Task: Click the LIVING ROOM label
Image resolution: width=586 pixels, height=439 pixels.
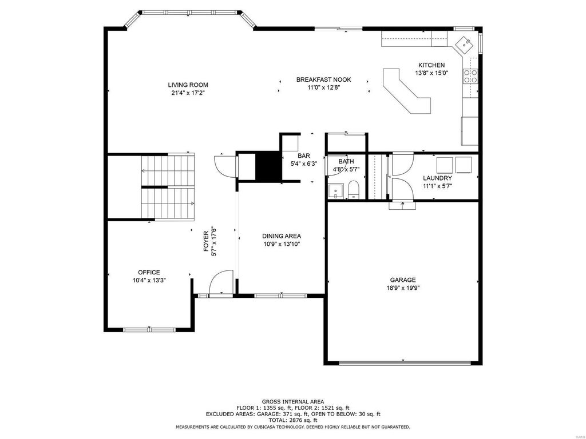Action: click(188, 85)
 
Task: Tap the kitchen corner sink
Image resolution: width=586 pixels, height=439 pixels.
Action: click(465, 44)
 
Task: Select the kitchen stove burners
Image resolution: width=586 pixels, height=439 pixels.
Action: click(470, 76)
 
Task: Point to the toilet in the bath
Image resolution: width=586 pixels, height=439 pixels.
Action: click(353, 190)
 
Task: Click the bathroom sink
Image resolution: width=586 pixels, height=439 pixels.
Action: click(335, 191)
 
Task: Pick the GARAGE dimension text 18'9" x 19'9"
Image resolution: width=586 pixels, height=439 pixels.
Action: click(403, 288)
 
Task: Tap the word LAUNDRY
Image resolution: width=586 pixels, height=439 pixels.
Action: click(437, 178)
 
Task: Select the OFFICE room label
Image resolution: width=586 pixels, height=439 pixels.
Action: click(149, 273)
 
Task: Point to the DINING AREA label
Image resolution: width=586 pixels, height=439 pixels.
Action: click(282, 236)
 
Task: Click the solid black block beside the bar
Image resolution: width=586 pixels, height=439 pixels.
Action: click(268, 166)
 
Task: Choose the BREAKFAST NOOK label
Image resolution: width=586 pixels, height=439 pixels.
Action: click(324, 79)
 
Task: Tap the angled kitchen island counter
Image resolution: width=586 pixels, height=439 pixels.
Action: click(407, 91)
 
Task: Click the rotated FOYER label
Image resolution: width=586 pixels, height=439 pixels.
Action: click(206, 241)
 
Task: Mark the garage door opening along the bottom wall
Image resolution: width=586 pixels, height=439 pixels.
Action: click(403, 362)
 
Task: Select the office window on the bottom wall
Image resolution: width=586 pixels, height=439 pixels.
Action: click(149, 329)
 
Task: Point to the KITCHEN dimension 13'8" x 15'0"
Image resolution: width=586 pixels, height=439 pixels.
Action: click(431, 73)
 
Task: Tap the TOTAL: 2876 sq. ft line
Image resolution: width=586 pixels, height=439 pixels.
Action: click(292, 420)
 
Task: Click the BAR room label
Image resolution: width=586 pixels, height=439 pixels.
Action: click(304, 155)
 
